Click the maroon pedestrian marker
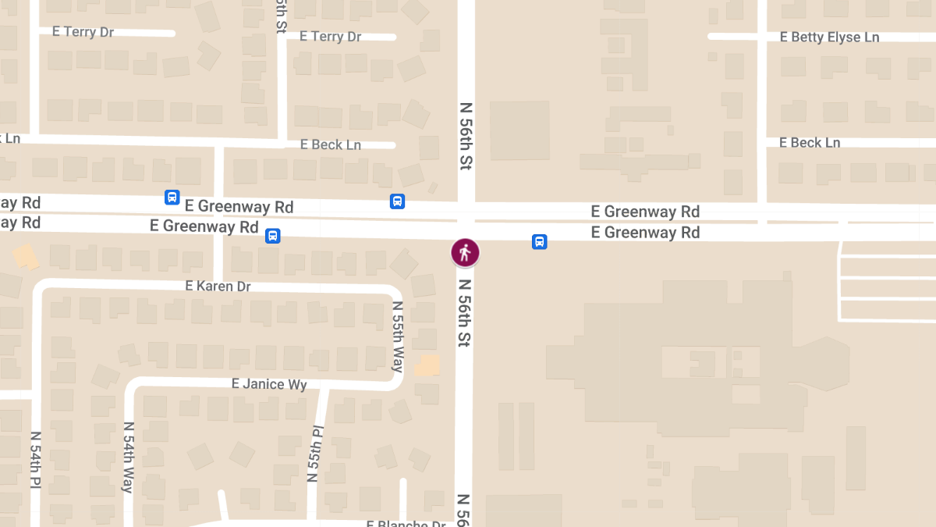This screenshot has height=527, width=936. click(465, 252)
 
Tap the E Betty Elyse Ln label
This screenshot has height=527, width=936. click(829, 37)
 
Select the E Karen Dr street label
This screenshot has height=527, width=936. click(218, 287)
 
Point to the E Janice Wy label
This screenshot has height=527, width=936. click(269, 384)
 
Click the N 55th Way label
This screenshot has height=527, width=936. click(398, 336)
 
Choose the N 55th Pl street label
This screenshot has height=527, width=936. click(315, 453)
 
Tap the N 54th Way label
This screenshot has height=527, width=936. click(128, 458)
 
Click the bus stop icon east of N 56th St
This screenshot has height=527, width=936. click(539, 242)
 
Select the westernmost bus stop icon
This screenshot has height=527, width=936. click(172, 198)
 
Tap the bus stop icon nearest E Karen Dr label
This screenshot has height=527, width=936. click(272, 236)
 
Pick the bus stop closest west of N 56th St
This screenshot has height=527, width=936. click(397, 201)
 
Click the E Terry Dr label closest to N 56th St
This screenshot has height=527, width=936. click(330, 37)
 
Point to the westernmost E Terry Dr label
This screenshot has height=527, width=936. click(83, 32)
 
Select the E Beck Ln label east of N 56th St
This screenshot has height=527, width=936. click(810, 143)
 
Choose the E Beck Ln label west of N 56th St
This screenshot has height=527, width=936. click(331, 144)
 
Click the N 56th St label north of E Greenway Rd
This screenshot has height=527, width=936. click(466, 136)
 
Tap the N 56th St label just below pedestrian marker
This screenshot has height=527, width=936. click(465, 313)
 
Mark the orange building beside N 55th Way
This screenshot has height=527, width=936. click(427, 365)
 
